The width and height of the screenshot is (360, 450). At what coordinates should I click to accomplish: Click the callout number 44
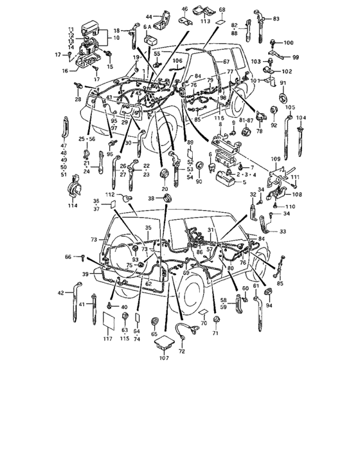149,15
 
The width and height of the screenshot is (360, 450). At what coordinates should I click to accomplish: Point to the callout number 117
107,338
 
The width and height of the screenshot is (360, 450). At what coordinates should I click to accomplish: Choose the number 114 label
72,206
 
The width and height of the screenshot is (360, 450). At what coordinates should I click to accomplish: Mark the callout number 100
288,42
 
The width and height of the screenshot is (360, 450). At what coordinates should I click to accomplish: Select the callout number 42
61,292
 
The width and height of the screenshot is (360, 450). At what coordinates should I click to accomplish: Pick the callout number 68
222,10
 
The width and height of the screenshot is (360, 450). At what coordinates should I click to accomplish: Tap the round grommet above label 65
154,321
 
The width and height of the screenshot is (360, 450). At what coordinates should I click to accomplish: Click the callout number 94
269,306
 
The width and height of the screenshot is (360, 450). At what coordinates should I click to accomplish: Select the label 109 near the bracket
276,158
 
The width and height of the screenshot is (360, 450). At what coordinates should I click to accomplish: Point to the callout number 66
68,256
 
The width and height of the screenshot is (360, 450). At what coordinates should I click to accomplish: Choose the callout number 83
276,20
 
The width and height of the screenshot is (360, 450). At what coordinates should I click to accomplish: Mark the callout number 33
283,231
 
